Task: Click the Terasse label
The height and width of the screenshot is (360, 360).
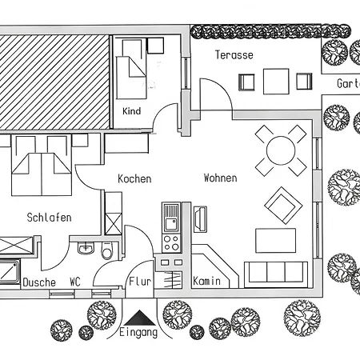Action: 234,55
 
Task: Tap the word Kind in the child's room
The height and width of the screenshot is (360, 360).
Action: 131,111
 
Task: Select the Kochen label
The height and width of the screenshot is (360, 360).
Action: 134,178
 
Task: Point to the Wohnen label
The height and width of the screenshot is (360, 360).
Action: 220,178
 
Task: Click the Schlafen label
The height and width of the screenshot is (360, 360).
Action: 49,218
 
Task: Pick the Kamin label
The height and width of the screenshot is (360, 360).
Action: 206,281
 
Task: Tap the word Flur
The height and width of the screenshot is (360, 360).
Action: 140,282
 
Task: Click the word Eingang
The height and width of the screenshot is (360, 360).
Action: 138,333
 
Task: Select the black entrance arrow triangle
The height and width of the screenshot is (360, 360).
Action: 139,318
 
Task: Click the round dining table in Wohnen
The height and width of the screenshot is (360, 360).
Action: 281,150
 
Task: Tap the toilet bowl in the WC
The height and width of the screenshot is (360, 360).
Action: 107,251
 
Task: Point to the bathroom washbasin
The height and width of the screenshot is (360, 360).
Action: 86,248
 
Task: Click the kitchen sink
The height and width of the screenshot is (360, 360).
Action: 171,218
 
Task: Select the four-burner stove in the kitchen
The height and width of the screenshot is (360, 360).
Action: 171,243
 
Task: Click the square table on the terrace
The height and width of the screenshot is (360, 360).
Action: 276,82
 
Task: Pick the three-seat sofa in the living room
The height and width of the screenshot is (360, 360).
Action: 276,274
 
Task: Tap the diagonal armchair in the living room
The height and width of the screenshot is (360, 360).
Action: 283,206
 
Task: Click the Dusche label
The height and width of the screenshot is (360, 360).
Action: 39,282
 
